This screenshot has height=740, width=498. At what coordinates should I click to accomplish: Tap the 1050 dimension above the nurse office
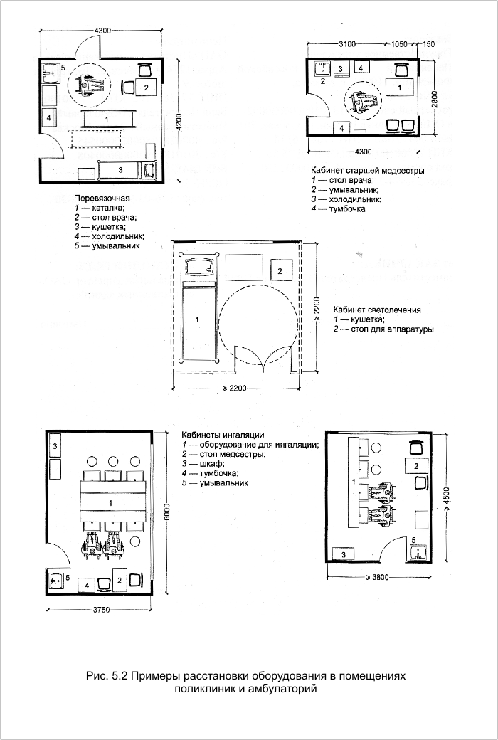[399, 44]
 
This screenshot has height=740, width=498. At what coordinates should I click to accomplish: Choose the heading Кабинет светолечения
[377, 310]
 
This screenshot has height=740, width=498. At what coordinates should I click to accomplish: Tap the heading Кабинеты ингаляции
[223, 435]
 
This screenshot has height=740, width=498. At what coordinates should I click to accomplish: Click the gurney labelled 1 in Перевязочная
[110, 119]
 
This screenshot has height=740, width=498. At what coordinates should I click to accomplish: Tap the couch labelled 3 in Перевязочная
[121, 170]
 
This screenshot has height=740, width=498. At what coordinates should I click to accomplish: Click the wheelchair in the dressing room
[90, 85]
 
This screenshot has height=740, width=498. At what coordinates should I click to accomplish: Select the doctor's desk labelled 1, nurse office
[399, 88]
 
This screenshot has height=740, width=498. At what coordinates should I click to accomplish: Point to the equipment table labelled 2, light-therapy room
[281, 271]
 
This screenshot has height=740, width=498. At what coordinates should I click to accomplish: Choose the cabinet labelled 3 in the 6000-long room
[55, 445]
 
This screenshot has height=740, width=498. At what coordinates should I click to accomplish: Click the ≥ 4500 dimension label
[447, 499]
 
